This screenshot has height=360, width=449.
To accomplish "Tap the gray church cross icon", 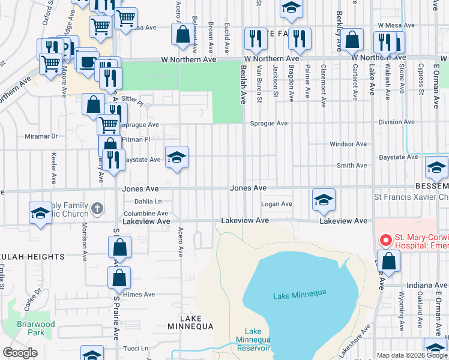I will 98,209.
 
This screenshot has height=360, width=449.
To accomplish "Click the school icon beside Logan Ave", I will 323,200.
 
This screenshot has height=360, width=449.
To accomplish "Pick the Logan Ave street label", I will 276,205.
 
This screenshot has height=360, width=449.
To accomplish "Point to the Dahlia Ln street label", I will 148,202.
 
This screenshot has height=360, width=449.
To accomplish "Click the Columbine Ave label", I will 146,214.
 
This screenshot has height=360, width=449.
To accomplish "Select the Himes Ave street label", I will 139,295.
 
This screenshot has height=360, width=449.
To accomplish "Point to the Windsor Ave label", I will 348,144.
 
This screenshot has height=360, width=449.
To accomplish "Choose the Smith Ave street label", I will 352,166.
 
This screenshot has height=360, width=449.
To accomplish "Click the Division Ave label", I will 397,122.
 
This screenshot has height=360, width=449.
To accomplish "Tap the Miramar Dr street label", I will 41,136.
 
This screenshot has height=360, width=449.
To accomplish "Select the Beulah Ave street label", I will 244,85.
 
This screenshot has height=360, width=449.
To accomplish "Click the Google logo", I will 20,353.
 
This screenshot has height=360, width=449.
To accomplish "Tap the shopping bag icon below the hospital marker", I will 389,262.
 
